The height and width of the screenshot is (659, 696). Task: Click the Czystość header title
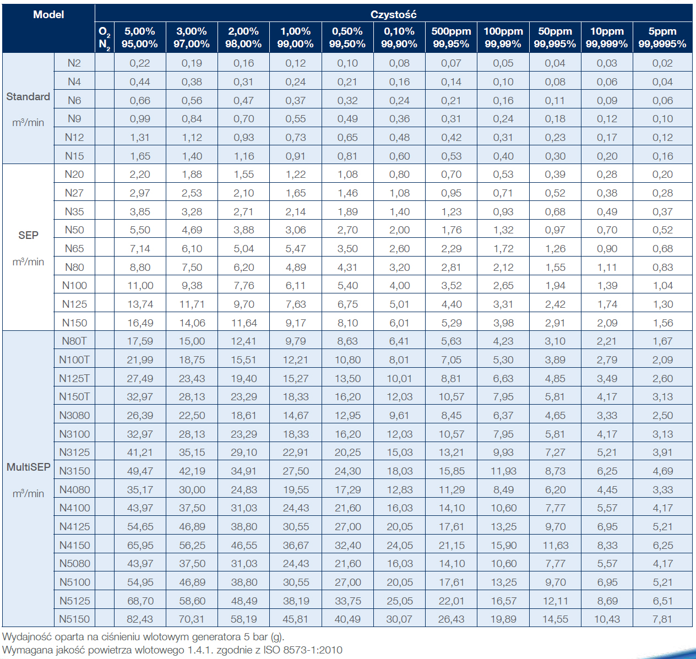(393, 14)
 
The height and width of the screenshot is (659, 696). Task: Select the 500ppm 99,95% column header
(451, 37)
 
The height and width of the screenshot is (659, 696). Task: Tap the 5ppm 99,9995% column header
(662, 37)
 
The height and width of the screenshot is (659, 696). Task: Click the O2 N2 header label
(105, 37)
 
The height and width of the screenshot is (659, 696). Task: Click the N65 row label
(74, 249)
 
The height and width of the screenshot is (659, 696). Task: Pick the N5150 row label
(74, 619)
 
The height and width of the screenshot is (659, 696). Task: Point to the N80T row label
(74, 341)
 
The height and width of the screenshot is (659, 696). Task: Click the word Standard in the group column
(28, 97)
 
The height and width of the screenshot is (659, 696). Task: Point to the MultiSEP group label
(28, 467)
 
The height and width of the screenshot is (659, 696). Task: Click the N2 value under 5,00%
(140, 63)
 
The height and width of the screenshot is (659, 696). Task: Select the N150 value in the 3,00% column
(192, 323)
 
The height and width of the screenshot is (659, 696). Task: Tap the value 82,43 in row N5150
(140, 619)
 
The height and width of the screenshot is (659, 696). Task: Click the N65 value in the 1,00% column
(296, 249)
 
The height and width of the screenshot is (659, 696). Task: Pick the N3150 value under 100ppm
(503, 471)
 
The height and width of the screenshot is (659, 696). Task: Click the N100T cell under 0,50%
(347, 360)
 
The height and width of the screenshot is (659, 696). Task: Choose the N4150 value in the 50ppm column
(555, 546)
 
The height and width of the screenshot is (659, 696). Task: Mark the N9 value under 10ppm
(607, 118)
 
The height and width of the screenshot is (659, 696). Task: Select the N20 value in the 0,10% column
(399, 174)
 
